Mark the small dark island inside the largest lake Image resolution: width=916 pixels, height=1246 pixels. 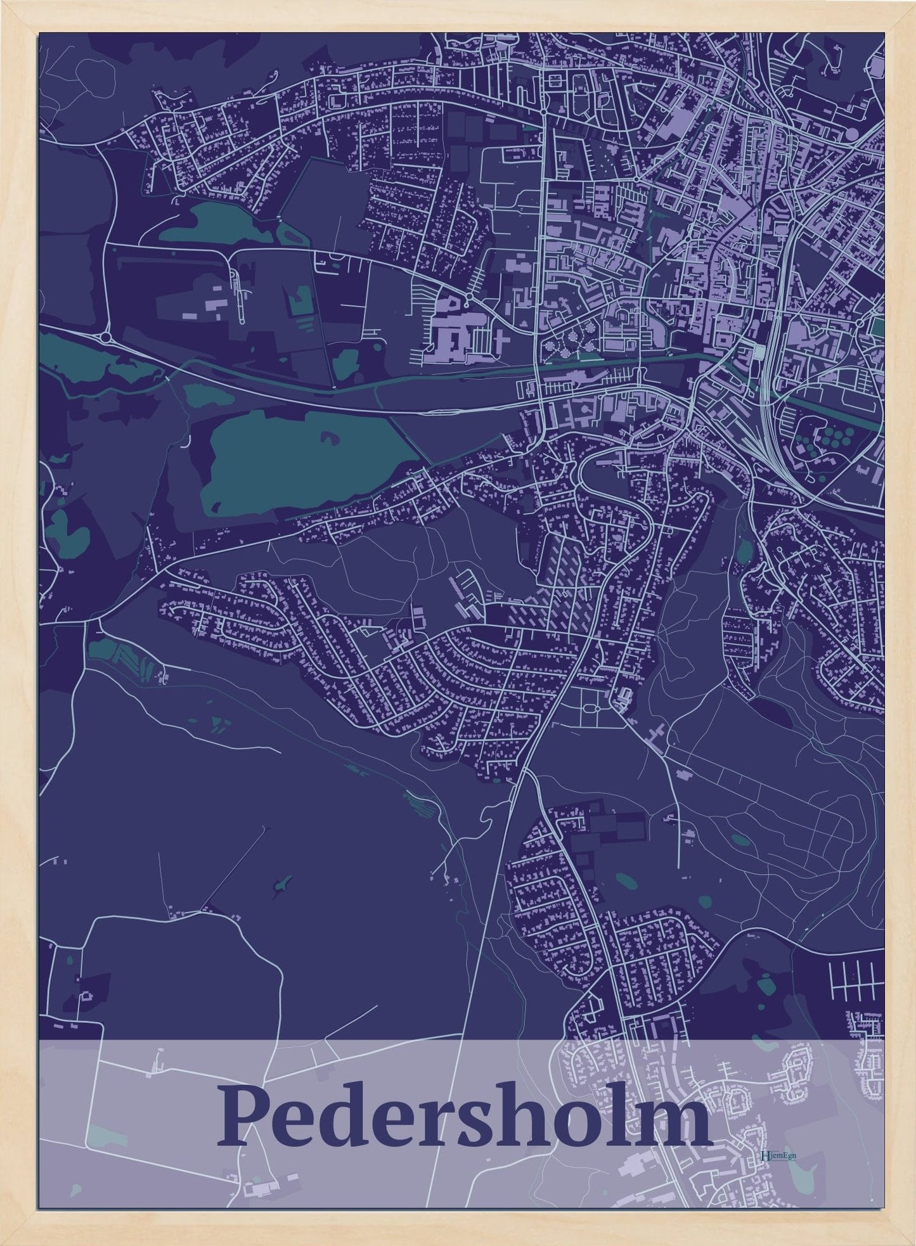(x=330, y=437)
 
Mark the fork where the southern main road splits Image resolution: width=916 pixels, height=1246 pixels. (x=524, y=771)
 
